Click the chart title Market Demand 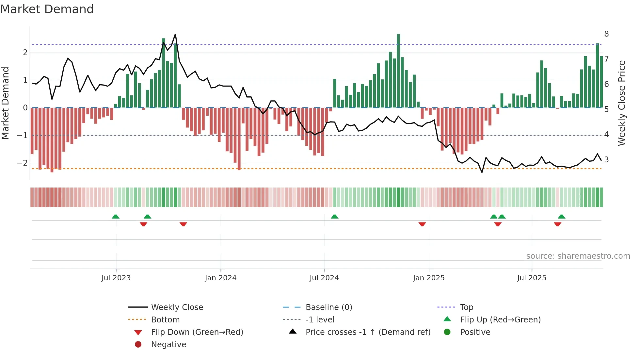pyautogui.click(x=47, y=9)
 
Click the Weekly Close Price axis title pyautogui.click(x=622, y=103)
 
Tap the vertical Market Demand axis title pyautogui.click(x=5, y=103)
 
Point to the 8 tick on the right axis pyautogui.click(x=606, y=34)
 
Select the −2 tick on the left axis pyautogui.click(x=23, y=163)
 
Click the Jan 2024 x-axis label pyautogui.click(x=220, y=278)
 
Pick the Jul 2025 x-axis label pyautogui.click(x=531, y=278)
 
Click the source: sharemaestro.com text pyautogui.click(x=578, y=256)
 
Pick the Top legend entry pyautogui.click(x=466, y=307)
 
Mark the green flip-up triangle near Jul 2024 pyautogui.click(x=334, y=217)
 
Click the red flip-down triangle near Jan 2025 pyautogui.click(x=422, y=224)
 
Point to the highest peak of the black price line pyautogui.click(x=175, y=34)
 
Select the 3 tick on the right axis pyautogui.click(x=606, y=160)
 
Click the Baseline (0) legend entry pyautogui.click(x=328, y=307)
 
